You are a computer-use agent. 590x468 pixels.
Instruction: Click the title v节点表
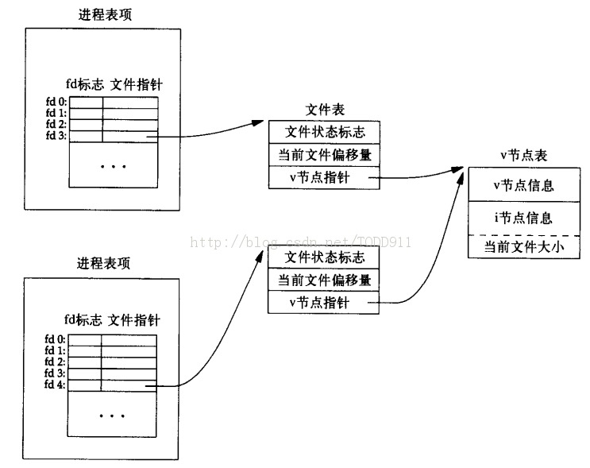(x=524, y=155)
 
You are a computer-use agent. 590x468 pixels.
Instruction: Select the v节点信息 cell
(x=523, y=186)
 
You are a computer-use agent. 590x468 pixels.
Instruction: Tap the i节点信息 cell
(x=523, y=218)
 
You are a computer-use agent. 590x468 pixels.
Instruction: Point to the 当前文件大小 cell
(x=523, y=248)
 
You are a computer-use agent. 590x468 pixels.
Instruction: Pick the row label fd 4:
(x=56, y=385)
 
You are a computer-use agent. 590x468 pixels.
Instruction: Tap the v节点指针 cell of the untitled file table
(x=324, y=302)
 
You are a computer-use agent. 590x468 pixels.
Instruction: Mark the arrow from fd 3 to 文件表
(x=214, y=132)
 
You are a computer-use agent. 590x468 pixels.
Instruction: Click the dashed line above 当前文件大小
(x=523, y=234)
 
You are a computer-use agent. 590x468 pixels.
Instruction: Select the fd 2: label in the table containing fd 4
(x=56, y=362)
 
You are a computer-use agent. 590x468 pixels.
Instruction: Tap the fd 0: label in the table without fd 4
(x=56, y=102)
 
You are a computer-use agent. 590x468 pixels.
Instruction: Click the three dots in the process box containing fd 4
(x=113, y=416)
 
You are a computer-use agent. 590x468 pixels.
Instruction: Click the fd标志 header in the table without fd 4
(x=83, y=83)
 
